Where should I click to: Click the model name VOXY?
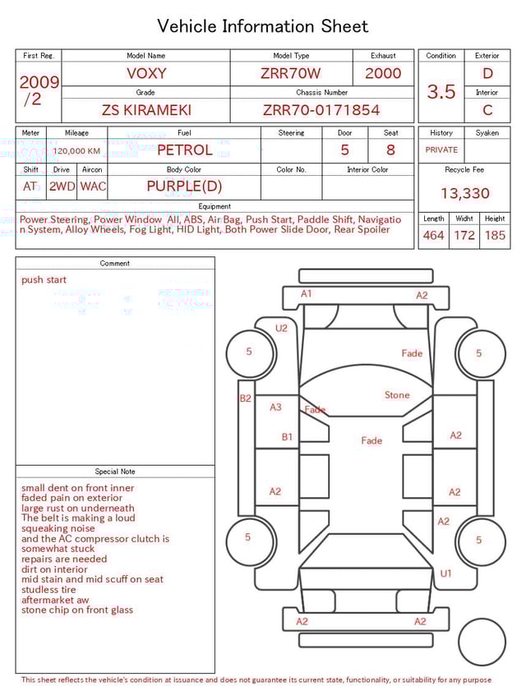[x=146, y=73]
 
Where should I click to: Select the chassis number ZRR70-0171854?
[x=321, y=110]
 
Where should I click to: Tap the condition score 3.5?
[x=441, y=92]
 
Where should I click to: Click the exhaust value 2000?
[x=383, y=73]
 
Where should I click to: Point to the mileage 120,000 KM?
[x=76, y=151]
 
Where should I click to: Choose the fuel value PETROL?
[x=184, y=150]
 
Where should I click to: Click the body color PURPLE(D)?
[x=184, y=186]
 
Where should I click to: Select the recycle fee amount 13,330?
[x=464, y=194]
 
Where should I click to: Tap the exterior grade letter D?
[x=487, y=73]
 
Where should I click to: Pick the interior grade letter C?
[x=487, y=110]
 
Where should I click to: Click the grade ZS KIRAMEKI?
[x=145, y=110]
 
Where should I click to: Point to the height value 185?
[x=495, y=236]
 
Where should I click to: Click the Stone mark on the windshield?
[x=397, y=395]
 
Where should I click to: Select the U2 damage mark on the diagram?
[x=282, y=328]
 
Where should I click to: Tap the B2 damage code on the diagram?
[x=245, y=398]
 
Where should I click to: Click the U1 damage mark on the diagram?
[x=445, y=573]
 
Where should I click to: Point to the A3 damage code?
[x=276, y=407]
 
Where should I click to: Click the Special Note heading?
[x=115, y=472]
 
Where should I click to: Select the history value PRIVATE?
[x=441, y=150]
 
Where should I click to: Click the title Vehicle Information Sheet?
[x=263, y=26]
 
